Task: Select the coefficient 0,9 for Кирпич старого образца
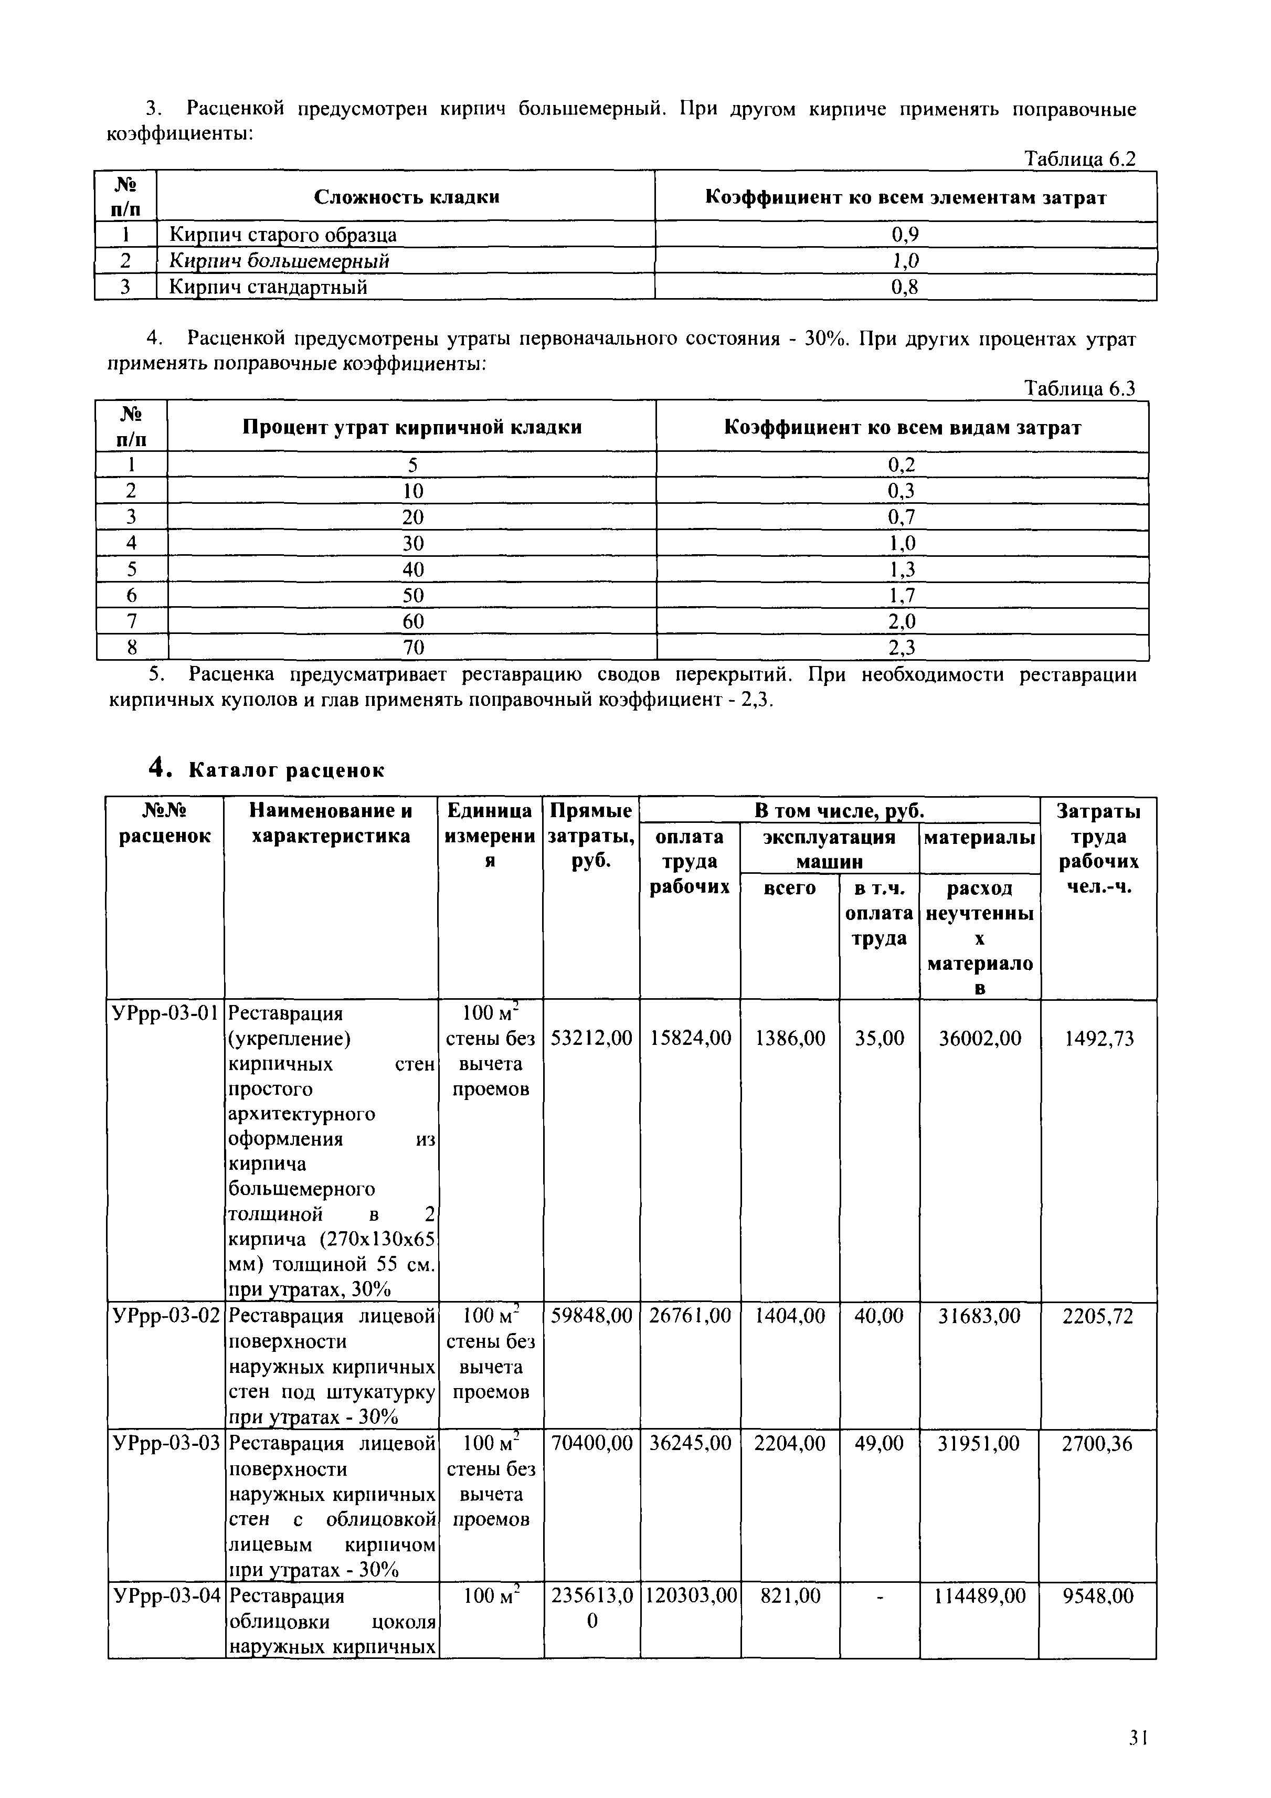tap(905, 235)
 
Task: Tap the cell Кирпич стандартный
tap(269, 288)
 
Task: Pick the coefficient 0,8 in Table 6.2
tap(905, 288)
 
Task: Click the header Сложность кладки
tap(407, 197)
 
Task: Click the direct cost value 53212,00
tap(591, 1039)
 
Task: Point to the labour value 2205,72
tap(1097, 1316)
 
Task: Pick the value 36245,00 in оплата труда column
tap(690, 1443)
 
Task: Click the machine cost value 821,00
tap(789, 1596)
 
